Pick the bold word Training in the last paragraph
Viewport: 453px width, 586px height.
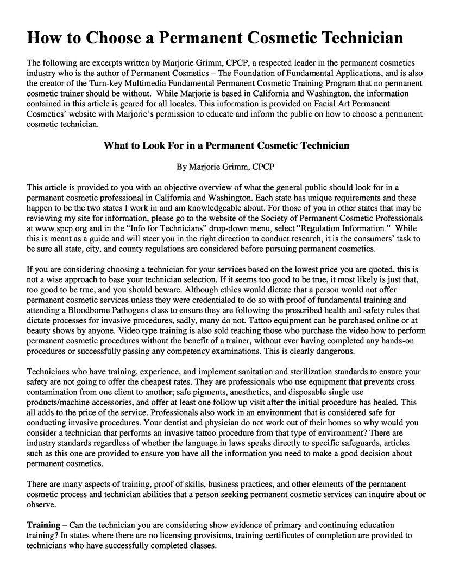pyautogui.click(x=43, y=525)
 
